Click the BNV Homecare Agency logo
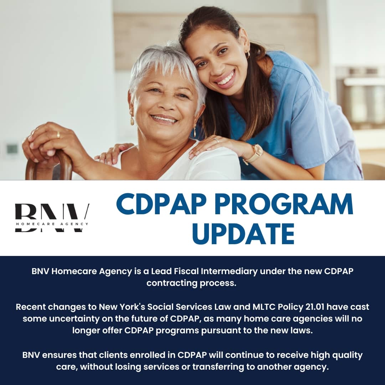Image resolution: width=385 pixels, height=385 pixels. click(x=52, y=218)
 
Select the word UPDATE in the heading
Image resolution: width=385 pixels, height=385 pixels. click(x=243, y=233)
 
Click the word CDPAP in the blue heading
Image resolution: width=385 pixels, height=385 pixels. click(x=161, y=204)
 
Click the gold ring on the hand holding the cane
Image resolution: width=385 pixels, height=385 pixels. click(x=58, y=134)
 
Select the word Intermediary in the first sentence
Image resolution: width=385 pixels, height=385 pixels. click(x=229, y=271)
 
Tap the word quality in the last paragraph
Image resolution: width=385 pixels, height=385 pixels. click(x=347, y=355)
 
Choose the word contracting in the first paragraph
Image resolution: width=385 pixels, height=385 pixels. click(x=172, y=283)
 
